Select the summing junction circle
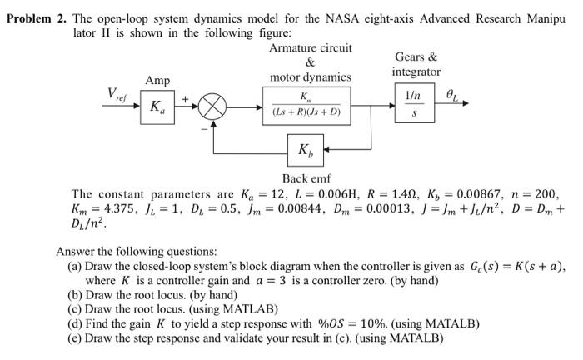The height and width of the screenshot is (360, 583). tap(215, 107)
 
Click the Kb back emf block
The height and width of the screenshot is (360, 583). tap(306, 150)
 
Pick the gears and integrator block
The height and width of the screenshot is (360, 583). tap(411, 107)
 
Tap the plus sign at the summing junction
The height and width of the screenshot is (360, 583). tap(197, 99)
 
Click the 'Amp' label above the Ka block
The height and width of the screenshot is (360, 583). tap(157, 81)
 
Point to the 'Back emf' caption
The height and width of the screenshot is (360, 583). tap(306, 178)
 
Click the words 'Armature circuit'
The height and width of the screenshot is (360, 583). tap(310, 48)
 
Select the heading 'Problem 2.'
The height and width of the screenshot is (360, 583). tap(36, 18)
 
